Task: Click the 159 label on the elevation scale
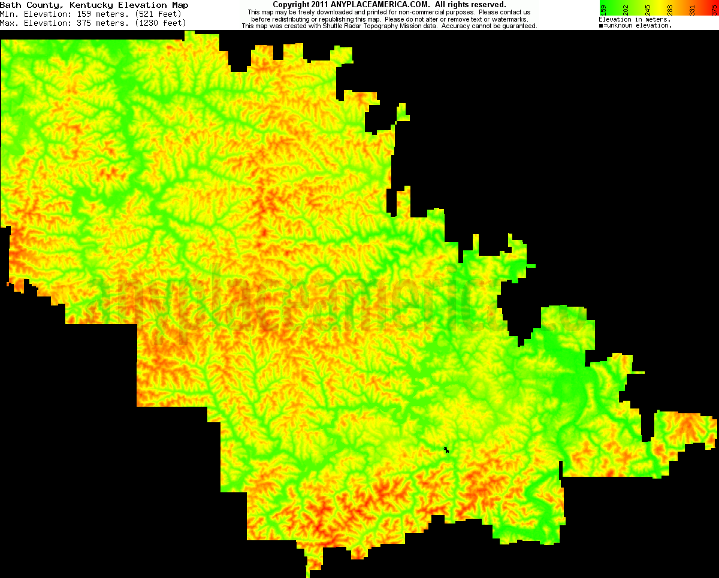point(603,10)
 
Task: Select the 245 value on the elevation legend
point(647,10)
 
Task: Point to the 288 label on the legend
point(669,10)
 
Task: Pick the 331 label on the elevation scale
point(691,10)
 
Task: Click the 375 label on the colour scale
point(714,10)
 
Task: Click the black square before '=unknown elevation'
point(601,26)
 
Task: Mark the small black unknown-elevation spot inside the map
point(446,449)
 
